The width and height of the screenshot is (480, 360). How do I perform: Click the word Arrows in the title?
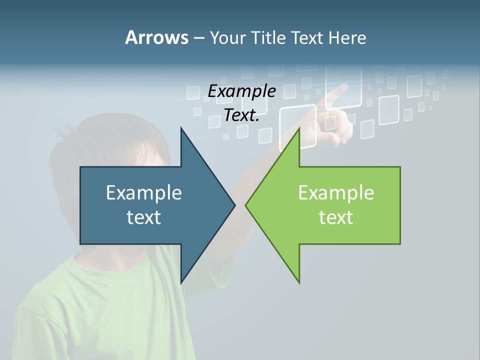pyautogui.click(x=156, y=37)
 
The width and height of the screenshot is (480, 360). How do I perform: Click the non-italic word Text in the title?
pyautogui.click(x=308, y=38)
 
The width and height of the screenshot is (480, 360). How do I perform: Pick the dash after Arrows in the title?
pyautogui.click(x=198, y=38)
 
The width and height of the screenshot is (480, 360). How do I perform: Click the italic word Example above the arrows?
pyautogui.click(x=241, y=91)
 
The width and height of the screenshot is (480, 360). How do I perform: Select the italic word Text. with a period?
pyautogui.click(x=241, y=115)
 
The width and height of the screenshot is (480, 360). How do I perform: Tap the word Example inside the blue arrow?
pyautogui.click(x=144, y=193)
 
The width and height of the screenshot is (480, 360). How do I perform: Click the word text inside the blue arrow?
pyautogui.click(x=144, y=217)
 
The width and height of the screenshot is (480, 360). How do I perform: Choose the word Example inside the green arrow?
pyautogui.click(x=336, y=193)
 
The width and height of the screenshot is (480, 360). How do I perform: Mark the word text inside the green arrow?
pyautogui.click(x=336, y=217)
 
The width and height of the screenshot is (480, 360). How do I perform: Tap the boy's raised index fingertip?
pyautogui.click(x=343, y=88)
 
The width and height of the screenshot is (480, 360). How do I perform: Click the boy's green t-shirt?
pyautogui.click(x=100, y=310)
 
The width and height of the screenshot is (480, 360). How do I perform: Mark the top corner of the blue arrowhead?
pyautogui.click(x=181, y=128)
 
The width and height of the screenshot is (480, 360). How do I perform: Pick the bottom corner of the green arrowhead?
pyautogui.click(x=299, y=282)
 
